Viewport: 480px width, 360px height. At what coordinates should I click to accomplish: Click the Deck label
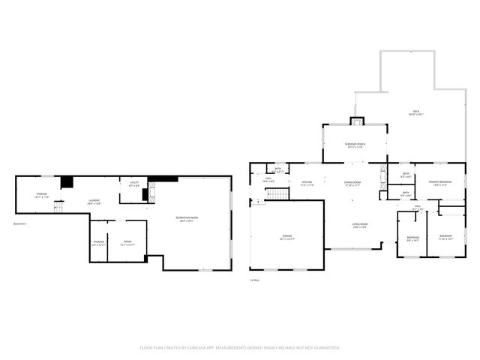(415, 112)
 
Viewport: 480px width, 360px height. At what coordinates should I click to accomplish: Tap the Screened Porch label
(355, 145)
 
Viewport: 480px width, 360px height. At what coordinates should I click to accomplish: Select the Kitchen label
(307, 183)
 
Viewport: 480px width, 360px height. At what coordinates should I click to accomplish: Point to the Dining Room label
(352, 183)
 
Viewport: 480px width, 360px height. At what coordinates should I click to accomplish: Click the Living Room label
(360, 224)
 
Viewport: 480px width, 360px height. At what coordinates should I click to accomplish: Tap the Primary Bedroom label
(439, 183)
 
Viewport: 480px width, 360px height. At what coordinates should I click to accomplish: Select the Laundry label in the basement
(94, 201)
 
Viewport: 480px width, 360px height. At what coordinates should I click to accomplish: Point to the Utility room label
(134, 183)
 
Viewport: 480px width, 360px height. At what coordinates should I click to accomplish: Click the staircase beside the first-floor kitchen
(278, 195)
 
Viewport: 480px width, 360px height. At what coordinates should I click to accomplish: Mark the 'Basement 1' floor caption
(20, 223)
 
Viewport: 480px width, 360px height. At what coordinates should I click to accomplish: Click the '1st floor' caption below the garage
(255, 280)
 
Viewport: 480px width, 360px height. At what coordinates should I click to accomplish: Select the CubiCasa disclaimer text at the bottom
(240, 347)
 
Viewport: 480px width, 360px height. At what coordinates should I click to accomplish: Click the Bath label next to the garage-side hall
(277, 170)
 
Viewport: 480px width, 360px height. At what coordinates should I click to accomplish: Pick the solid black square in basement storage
(67, 182)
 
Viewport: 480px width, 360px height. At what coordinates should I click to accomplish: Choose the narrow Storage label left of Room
(97, 243)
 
